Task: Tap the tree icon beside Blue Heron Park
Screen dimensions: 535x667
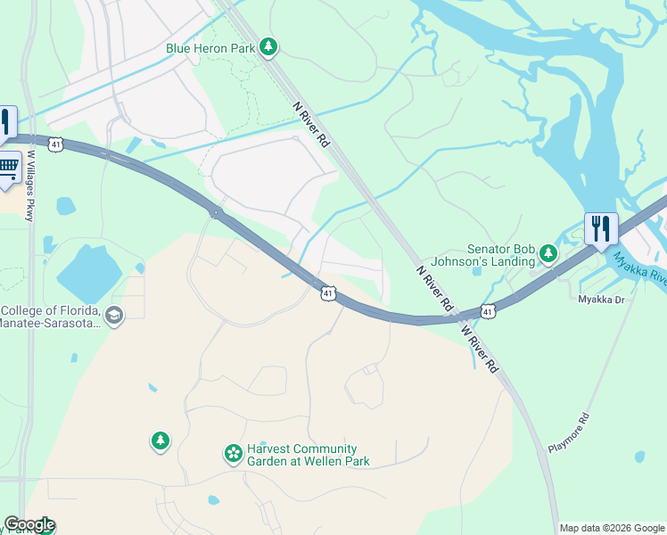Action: [268, 47]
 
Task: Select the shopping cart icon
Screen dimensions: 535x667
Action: [8, 169]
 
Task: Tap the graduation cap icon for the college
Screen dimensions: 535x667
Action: [113, 315]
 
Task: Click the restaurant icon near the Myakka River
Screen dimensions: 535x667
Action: [601, 228]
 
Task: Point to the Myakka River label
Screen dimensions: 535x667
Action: [639, 267]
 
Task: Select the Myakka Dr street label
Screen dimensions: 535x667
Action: [603, 300]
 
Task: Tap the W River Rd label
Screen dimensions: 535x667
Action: [479, 348]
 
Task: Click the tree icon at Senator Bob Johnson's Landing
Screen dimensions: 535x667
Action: [548, 256]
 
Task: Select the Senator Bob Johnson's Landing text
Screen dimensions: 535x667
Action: [501, 256]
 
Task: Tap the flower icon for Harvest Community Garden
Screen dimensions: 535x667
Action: [233, 455]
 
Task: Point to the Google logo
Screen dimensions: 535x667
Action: [29, 524]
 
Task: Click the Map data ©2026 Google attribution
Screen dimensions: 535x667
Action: [612, 528]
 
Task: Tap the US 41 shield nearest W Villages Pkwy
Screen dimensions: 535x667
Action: [56, 143]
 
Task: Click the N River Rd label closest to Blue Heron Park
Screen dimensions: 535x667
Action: [311, 125]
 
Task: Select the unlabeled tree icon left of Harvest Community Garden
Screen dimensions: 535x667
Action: [160, 440]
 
